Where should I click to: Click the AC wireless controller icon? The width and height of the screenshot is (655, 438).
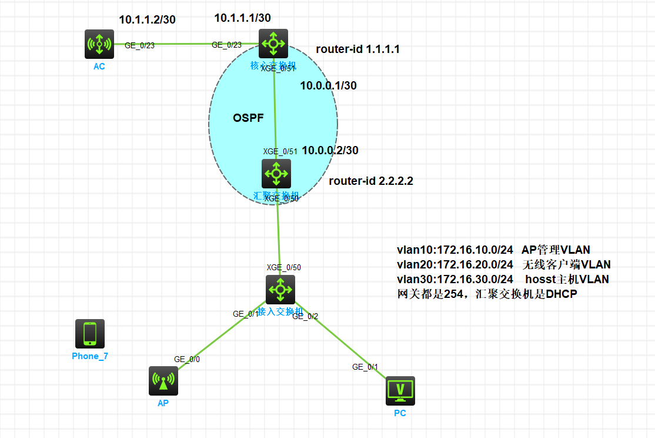[99, 44]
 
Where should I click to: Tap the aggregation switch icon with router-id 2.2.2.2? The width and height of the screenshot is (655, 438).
[276, 173]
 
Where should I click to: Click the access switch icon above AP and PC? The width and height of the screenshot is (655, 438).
[280, 289]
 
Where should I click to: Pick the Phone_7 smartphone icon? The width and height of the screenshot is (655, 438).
[90, 333]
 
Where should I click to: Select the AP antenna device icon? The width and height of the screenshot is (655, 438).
[163, 380]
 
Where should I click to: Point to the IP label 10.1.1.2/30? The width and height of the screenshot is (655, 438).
[147, 19]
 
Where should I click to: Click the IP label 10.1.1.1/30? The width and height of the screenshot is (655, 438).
[242, 18]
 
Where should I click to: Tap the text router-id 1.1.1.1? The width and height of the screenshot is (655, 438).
[357, 49]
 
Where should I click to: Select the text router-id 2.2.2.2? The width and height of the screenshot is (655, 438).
[370, 181]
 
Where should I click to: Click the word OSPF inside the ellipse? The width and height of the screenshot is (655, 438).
[248, 118]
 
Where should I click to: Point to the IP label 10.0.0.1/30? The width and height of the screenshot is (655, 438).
[328, 86]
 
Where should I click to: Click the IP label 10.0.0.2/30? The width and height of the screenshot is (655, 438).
[330, 151]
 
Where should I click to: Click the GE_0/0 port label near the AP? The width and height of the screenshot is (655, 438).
[187, 359]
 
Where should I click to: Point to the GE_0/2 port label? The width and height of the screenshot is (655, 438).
[305, 316]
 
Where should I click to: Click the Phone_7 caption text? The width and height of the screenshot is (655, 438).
[90, 356]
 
